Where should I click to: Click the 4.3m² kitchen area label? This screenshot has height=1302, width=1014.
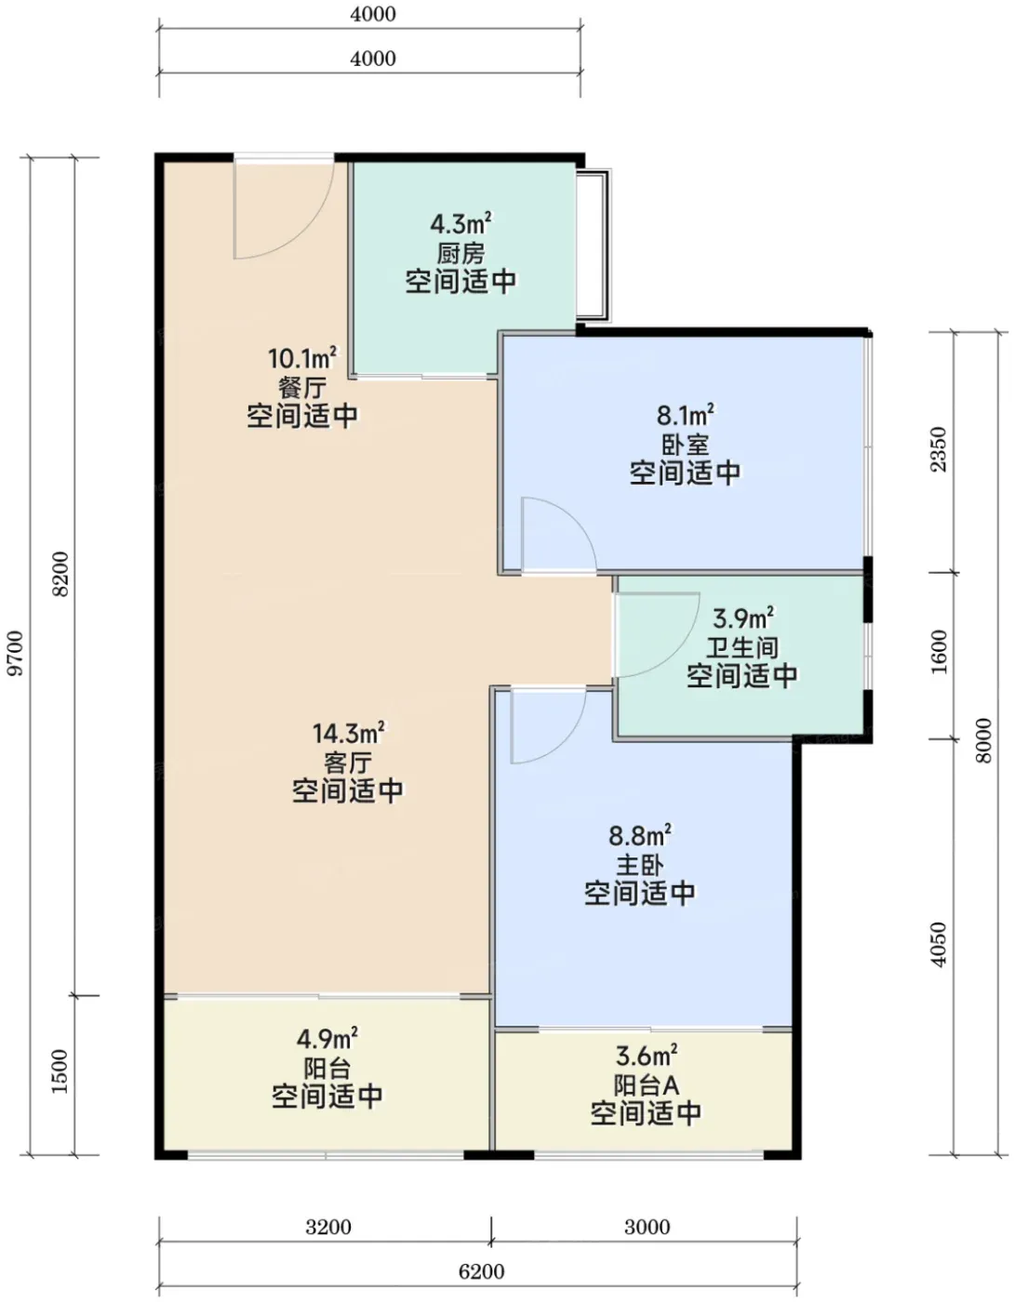point(460,224)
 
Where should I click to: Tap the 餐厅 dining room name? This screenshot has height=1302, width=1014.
point(302,387)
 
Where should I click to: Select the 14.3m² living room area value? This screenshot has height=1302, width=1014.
point(348,733)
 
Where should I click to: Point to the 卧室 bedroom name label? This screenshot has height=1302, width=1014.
point(685,445)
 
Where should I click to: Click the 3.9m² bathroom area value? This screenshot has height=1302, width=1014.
point(742,618)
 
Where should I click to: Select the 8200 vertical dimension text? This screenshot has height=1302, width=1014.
point(60,574)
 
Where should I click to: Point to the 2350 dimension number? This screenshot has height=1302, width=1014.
point(939,449)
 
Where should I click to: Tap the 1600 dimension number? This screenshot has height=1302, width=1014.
point(939,651)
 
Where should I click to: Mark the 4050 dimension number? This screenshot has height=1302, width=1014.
point(939,944)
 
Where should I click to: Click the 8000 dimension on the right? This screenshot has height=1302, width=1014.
point(983,740)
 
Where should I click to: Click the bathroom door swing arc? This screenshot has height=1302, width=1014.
point(677,653)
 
